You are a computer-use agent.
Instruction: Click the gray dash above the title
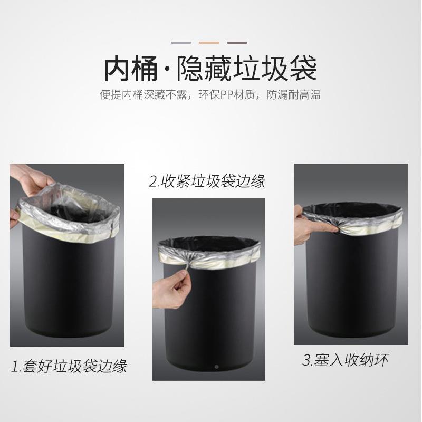(x=181, y=42)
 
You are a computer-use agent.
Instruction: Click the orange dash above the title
(x=209, y=42)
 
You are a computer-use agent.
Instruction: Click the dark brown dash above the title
(x=237, y=42)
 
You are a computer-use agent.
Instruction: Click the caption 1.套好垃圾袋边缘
(x=69, y=365)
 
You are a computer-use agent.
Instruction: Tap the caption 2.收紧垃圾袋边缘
(x=207, y=182)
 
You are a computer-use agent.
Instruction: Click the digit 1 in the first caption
(x=15, y=365)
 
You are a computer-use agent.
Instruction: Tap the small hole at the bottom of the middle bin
(x=216, y=366)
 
